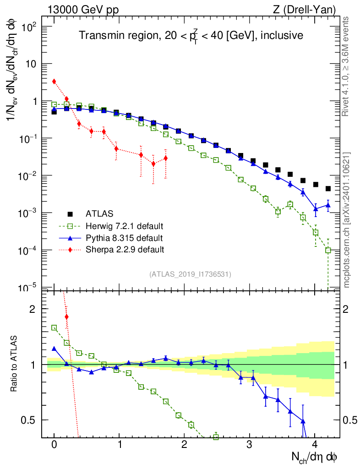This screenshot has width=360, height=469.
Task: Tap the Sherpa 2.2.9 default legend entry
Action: (125, 250)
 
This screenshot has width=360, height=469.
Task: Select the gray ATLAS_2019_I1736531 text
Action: (190, 274)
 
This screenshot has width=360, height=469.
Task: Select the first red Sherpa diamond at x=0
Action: (54, 82)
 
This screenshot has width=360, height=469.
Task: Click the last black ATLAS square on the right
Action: (328, 188)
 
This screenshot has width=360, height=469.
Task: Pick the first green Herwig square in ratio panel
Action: (54, 327)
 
